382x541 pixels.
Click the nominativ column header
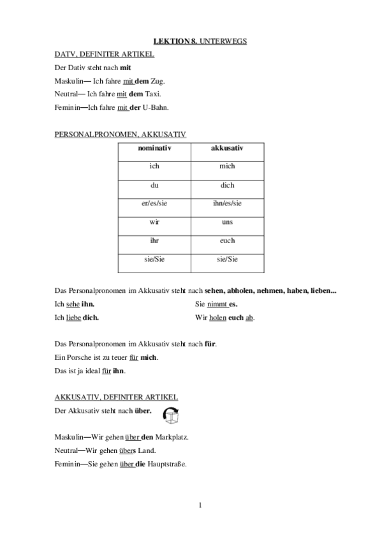pyautogui.click(x=154, y=148)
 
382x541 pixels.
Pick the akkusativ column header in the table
pyautogui.click(x=226, y=148)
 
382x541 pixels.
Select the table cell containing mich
pyautogui.click(x=226, y=166)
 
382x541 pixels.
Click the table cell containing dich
pyautogui.click(x=226, y=185)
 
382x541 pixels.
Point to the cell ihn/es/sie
pyautogui.click(x=226, y=204)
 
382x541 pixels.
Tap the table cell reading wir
pyautogui.click(x=154, y=222)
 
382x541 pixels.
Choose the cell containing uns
pyautogui.click(x=226, y=222)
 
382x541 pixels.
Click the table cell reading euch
pyautogui.click(x=226, y=241)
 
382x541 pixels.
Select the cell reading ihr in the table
pyautogui.click(x=154, y=241)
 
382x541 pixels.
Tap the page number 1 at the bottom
pyautogui.click(x=200, y=506)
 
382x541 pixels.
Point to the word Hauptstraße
pyautogui.click(x=167, y=464)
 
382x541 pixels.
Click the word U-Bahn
pyautogui.click(x=156, y=107)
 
